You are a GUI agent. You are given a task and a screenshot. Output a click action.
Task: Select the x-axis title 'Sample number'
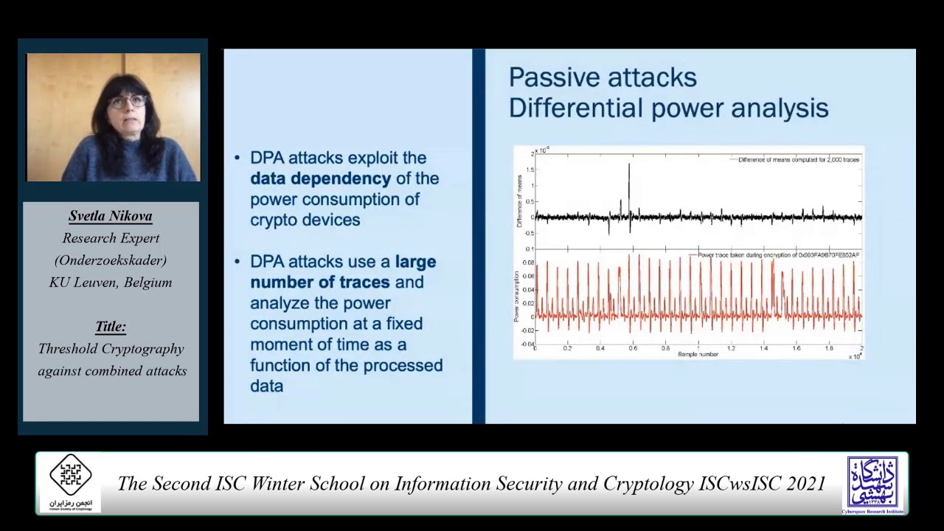coord(698,355)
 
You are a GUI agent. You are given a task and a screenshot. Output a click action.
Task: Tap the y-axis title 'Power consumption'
coord(516,296)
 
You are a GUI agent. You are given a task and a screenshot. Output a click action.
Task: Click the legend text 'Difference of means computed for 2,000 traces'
coord(799,159)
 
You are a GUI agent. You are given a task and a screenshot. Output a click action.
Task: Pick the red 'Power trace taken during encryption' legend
coord(778,255)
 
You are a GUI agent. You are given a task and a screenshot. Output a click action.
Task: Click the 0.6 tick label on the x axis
coord(633,349)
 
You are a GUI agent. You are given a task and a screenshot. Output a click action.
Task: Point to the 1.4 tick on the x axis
coord(763,349)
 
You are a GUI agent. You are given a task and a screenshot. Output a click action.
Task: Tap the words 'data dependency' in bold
coord(320,178)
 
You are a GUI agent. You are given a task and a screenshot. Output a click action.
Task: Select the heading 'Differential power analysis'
coord(668,108)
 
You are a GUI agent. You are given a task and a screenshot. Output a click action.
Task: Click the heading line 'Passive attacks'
coord(603,77)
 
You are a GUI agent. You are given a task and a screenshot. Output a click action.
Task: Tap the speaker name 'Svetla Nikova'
coord(111,216)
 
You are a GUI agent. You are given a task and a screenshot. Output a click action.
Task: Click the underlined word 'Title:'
coord(111,326)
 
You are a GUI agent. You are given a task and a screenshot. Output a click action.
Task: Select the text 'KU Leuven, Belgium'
coord(111,282)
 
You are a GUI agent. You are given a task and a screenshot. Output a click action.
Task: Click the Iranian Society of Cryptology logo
coord(71,482)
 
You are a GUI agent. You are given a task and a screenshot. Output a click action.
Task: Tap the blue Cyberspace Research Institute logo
coord(872,483)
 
